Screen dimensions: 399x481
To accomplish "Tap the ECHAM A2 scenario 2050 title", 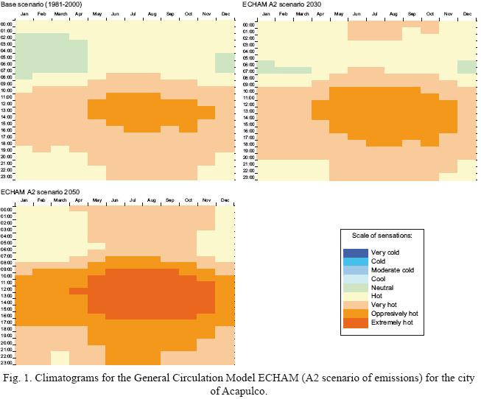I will tap(40, 192).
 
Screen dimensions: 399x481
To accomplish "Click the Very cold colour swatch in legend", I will tap(356, 253).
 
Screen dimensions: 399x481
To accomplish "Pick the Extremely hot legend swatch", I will tap(356, 322).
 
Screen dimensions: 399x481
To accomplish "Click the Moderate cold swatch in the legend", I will tap(356, 270).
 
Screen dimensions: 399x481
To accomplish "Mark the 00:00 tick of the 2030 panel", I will tap(249, 24).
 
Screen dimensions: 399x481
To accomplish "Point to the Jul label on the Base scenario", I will tap(133, 14).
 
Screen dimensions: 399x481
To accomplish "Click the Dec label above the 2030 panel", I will tap(468, 14).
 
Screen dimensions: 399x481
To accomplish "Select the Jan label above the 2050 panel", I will tap(24, 201).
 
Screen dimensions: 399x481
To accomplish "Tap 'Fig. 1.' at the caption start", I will tap(20, 378).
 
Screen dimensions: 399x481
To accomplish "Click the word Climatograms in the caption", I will tap(71, 378).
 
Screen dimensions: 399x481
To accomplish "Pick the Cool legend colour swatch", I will tap(356, 279).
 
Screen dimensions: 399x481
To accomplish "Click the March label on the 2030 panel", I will tap(302, 14).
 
